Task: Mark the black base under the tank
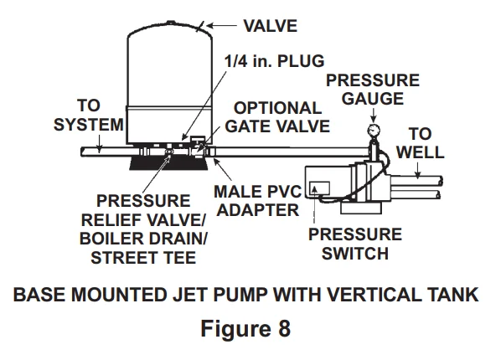pos(167,159)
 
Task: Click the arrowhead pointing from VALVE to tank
pos(207,27)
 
